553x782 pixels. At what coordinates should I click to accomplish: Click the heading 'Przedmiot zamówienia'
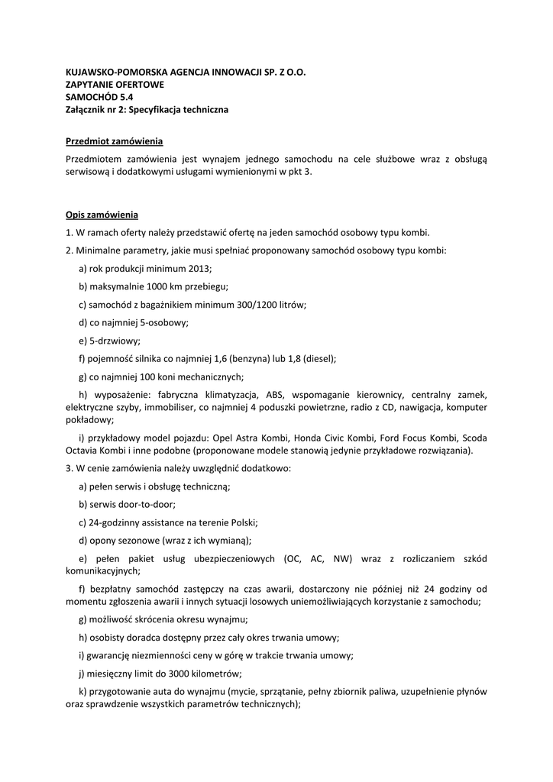coord(114,142)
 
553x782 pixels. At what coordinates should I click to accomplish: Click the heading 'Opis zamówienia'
coord(102,215)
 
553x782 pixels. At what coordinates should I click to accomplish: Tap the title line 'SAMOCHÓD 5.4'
coord(99,97)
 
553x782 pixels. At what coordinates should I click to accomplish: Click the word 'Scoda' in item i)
coord(471,438)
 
